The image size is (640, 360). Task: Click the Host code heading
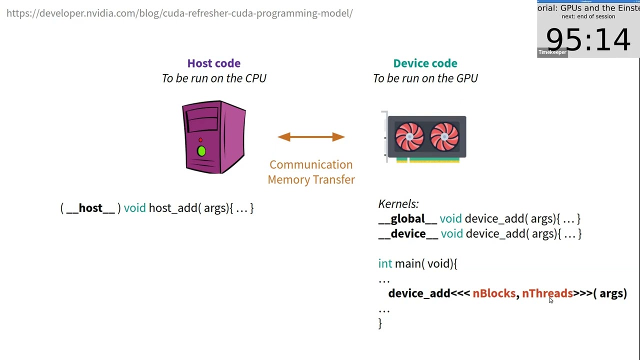(x=213, y=63)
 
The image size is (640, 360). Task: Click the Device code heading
(x=425, y=63)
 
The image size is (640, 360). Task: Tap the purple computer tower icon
(x=214, y=137)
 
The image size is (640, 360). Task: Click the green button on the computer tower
(x=201, y=151)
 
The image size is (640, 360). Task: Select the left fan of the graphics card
(x=409, y=136)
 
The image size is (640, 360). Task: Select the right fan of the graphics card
(x=444, y=136)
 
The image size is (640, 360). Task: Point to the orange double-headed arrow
(x=311, y=137)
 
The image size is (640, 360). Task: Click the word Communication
(x=311, y=164)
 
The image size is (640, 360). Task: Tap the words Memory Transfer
(x=311, y=179)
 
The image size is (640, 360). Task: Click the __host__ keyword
(x=90, y=208)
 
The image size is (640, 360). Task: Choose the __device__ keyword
(x=408, y=233)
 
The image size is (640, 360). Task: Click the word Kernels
(x=398, y=204)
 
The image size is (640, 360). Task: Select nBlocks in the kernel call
(x=494, y=293)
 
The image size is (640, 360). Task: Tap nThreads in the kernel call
(x=547, y=293)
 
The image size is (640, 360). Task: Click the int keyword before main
(x=385, y=263)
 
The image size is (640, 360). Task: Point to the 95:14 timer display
(x=587, y=39)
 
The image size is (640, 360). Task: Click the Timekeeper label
(x=552, y=52)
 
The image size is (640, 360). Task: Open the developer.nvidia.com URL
(x=179, y=13)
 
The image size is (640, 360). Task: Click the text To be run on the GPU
(x=425, y=78)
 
